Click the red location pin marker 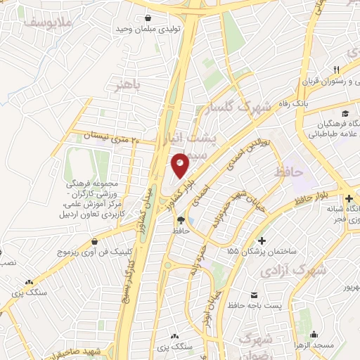pos(181,165)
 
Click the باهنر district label pos(129,85)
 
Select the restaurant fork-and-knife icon pos(337,69)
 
